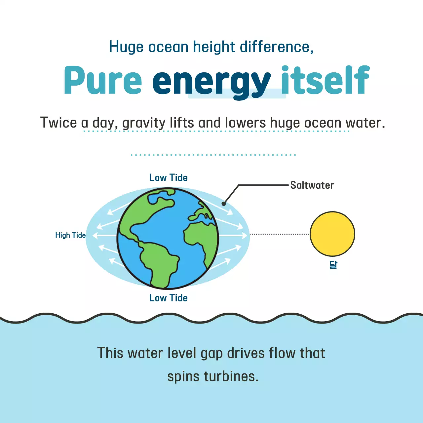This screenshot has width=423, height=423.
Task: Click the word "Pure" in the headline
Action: click(103, 81)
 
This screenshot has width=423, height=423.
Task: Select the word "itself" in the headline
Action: click(325, 81)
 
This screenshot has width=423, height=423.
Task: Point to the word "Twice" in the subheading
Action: click(58, 123)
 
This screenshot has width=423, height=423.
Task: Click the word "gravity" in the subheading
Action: click(144, 123)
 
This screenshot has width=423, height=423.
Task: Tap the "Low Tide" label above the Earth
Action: click(168, 178)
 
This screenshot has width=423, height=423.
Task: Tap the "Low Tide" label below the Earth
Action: click(168, 298)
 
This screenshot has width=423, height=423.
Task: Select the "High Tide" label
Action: click(70, 235)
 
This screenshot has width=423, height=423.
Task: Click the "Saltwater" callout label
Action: click(312, 185)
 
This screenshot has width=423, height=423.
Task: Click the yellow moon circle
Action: click(332, 234)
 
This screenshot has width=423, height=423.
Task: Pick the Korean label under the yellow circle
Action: click(333, 265)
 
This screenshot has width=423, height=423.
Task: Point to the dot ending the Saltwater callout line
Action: click(224, 204)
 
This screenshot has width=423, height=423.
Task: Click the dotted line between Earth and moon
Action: click(280, 234)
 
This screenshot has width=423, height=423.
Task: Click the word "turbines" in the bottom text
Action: click(231, 376)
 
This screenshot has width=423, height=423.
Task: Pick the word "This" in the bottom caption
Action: click(110, 353)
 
